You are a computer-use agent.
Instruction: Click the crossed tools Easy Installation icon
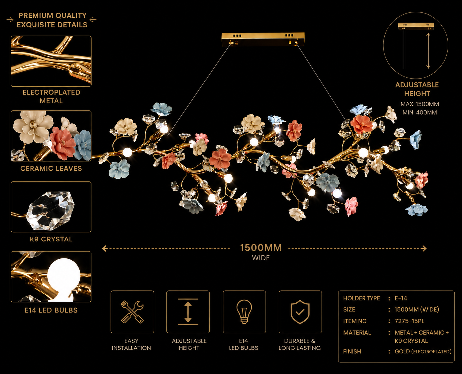coord(132,312)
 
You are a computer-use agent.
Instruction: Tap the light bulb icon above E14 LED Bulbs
coord(244,312)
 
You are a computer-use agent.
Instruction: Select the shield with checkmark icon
coord(300,312)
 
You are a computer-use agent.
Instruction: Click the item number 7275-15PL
coord(409,321)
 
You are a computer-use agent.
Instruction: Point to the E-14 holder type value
coord(401,298)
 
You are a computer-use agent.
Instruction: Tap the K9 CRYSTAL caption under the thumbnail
coord(51,239)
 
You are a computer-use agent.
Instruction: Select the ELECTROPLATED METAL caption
coord(51,97)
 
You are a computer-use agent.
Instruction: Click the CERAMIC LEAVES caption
coord(51,168)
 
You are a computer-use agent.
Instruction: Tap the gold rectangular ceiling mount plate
coord(263,39)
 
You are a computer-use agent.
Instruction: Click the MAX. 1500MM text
coord(420,104)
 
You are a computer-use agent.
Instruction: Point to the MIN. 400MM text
coord(420,112)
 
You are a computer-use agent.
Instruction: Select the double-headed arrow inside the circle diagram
coord(428,51)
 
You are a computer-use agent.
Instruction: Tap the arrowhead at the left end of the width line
coord(105,248)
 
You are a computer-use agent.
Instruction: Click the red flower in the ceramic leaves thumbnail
coord(63,143)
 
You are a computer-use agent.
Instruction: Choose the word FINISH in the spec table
coord(352,351)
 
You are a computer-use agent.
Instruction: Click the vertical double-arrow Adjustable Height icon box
coord(188,312)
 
